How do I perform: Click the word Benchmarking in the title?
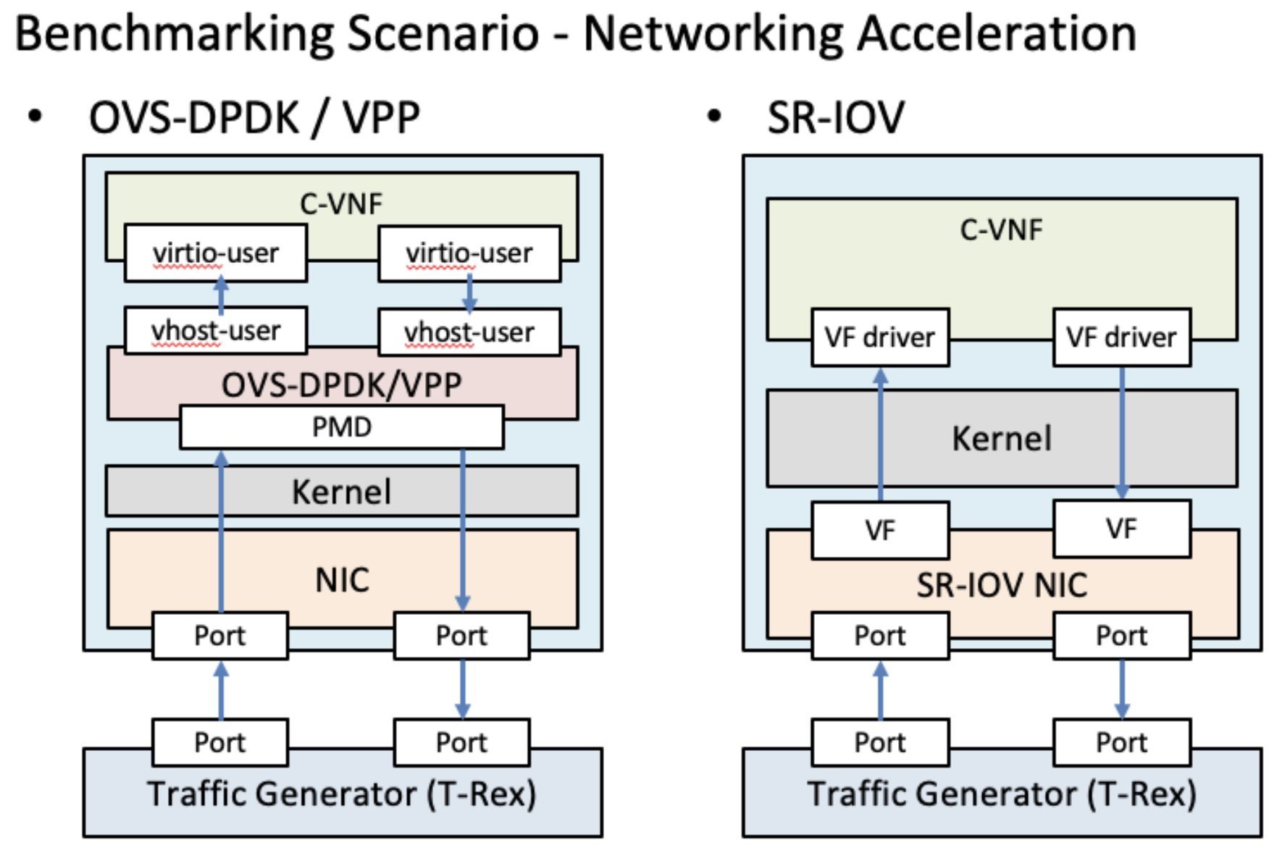tap(174, 34)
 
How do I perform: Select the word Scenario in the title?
tap(443, 34)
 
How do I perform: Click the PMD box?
tap(341, 427)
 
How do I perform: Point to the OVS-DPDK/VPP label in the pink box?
tap(341, 385)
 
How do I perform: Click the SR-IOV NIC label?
tap(1002, 585)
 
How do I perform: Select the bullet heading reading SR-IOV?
tap(836, 117)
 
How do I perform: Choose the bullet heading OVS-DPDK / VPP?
tap(254, 117)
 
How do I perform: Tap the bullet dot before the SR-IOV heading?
tap(714, 116)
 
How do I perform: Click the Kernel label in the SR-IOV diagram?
tap(1002, 439)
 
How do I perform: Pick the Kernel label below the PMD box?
tap(341, 492)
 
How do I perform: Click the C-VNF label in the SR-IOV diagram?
tap(1002, 230)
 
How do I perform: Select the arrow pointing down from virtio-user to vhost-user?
tap(469, 295)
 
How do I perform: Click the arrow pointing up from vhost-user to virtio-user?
tap(221, 295)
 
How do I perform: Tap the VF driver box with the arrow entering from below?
tap(880, 337)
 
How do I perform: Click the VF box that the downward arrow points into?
tap(1121, 529)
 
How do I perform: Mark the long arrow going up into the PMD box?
tap(221, 532)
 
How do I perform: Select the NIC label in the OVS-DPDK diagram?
tap(342, 580)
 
